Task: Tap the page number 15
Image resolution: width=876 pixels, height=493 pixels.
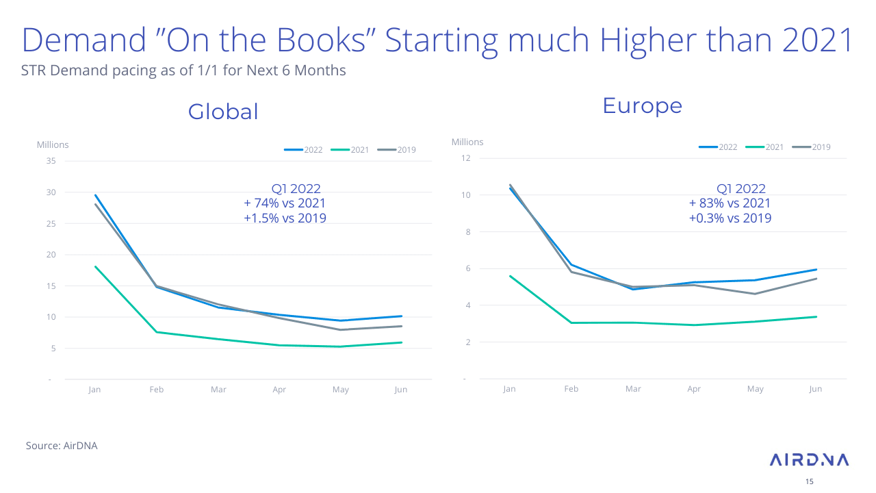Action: click(810, 481)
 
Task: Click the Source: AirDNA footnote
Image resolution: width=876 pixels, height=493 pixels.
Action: click(62, 446)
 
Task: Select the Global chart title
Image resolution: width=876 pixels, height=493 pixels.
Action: click(223, 112)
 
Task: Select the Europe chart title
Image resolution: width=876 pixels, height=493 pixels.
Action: click(642, 106)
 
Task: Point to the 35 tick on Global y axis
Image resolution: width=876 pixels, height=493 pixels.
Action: click(51, 161)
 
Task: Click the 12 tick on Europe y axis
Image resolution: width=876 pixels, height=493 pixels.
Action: click(466, 158)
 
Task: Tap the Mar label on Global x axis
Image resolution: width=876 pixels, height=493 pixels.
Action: click(218, 390)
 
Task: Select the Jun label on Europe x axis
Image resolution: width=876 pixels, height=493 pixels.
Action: click(815, 389)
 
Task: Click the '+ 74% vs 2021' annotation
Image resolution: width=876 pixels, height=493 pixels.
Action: click(285, 203)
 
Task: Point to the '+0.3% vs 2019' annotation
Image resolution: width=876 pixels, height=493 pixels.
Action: click(730, 218)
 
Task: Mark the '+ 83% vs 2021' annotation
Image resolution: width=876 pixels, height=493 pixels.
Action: click(730, 203)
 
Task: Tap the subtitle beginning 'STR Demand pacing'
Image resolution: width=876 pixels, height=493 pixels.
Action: click(183, 71)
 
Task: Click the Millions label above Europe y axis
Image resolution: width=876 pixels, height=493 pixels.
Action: click(467, 142)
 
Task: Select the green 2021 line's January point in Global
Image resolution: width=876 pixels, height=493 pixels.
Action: click(95, 266)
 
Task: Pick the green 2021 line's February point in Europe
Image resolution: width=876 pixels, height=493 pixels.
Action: click(571, 323)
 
